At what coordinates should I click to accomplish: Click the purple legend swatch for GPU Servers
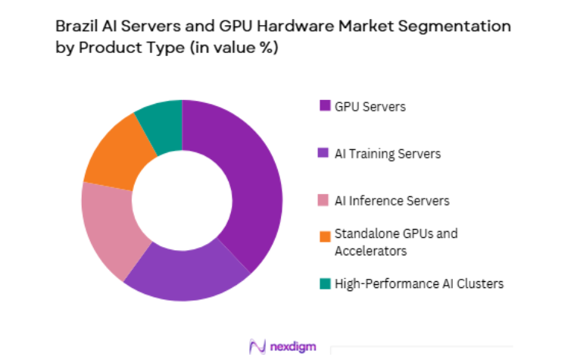pos(324,106)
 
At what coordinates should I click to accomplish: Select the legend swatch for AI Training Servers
pos(324,153)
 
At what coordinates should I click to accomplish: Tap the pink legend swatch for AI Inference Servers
pos(324,201)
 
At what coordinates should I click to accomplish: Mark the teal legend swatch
pos(324,283)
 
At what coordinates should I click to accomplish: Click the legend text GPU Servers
pos(371,106)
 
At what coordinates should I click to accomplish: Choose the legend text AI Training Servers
pos(388,153)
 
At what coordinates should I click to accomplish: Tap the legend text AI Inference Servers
pos(392,201)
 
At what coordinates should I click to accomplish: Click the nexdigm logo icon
pos(257,346)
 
